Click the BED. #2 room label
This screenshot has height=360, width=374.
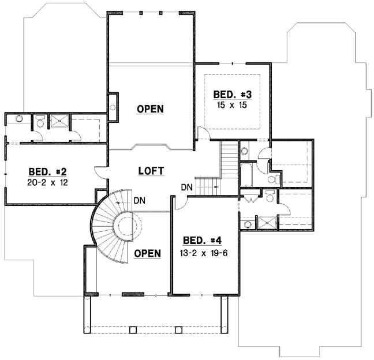click(x=48, y=171)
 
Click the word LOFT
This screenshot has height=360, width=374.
click(x=151, y=171)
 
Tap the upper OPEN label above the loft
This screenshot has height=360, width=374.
click(x=150, y=108)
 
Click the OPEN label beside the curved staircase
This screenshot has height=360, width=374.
click(x=147, y=253)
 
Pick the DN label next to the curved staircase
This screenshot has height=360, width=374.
click(x=139, y=200)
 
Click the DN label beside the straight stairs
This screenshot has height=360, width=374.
click(x=186, y=187)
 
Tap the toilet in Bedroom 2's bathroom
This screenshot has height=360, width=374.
click(x=40, y=121)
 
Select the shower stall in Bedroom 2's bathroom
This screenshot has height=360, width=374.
click(x=59, y=121)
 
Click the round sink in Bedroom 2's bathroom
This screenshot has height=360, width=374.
click(x=19, y=119)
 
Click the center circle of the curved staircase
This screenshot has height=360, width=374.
click(x=128, y=226)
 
